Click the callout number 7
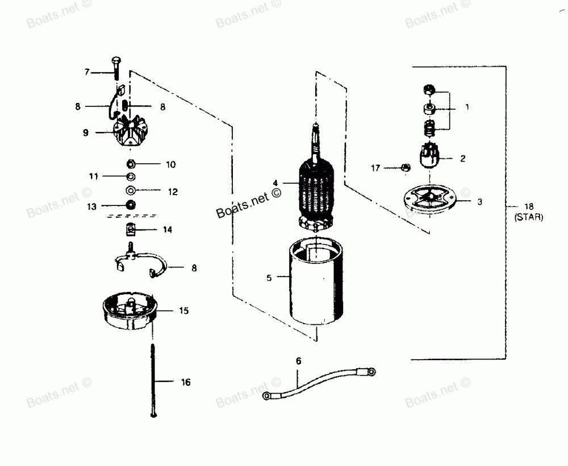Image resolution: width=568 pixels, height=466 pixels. point(87,72)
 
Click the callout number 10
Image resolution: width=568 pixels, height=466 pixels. point(171,164)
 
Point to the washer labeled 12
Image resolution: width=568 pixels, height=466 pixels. point(130,191)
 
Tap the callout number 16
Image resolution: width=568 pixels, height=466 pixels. point(186,382)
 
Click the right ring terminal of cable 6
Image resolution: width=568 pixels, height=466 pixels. point(370,372)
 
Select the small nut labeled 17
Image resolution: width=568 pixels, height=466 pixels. point(404,167)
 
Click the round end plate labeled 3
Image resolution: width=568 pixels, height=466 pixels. point(430,201)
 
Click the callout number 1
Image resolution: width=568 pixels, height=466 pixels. point(467,106)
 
